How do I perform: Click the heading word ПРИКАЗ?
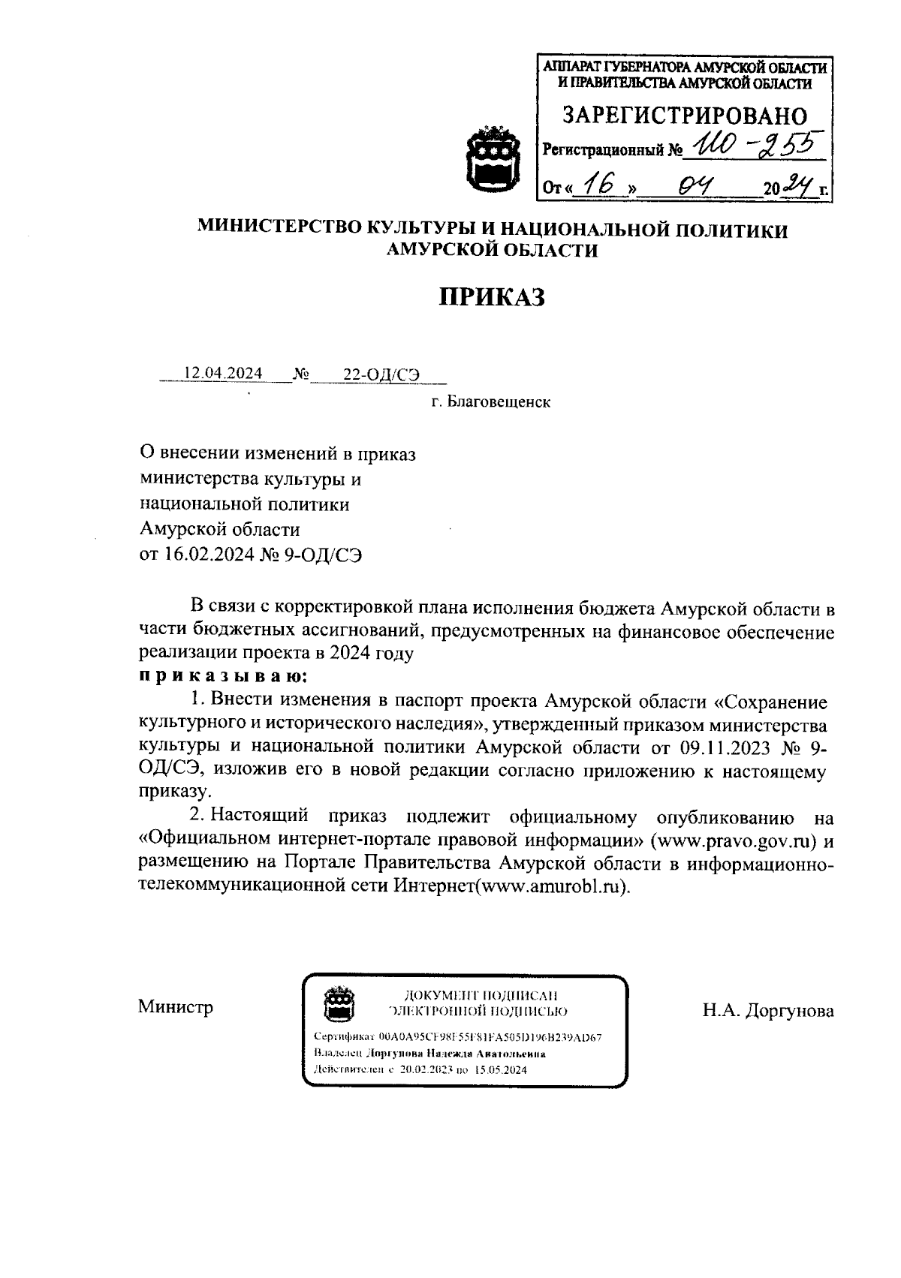coord(491,298)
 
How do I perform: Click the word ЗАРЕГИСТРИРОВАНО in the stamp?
coord(685,116)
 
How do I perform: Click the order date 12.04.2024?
coord(223,373)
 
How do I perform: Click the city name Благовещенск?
coord(499,402)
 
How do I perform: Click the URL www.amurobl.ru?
coord(551,886)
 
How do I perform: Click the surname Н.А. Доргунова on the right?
coord(768,1011)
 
